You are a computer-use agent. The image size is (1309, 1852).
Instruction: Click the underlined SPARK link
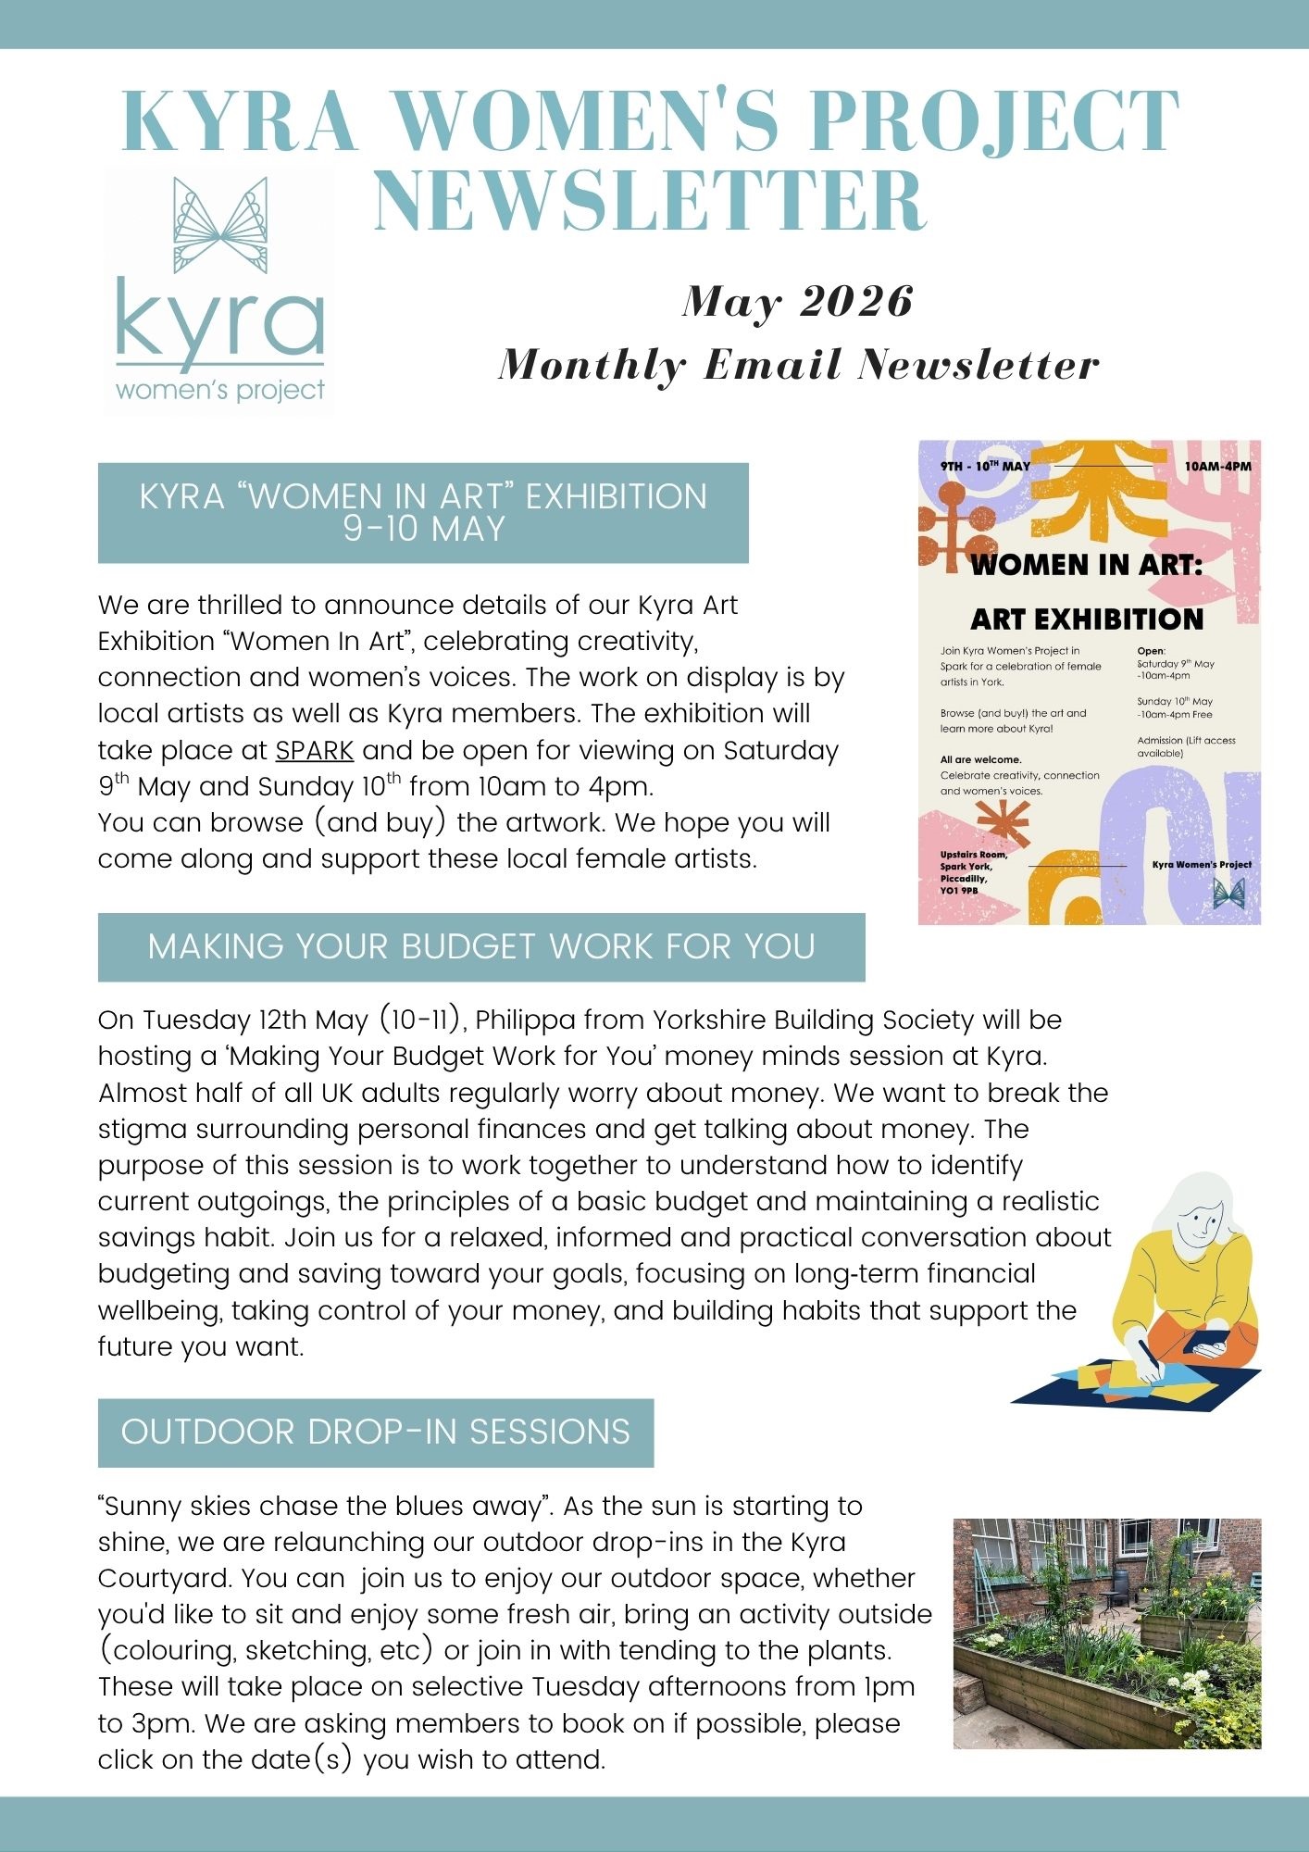click(315, 750)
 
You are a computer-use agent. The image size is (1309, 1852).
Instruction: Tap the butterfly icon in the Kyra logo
click(220, 225)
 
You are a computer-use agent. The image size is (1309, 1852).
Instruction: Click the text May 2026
click(798, 301)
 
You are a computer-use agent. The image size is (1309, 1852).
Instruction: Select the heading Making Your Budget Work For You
click(481, 946)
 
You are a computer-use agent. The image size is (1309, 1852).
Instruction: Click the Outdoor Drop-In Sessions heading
click(376, 1432)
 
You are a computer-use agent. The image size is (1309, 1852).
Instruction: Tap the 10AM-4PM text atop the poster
click(1217, 466)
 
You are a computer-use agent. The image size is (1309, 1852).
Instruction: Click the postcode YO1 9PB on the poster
click(959, 891)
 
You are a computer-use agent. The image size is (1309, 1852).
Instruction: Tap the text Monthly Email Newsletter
click(798, 365)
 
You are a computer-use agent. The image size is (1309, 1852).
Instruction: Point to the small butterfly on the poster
click(1228, 892)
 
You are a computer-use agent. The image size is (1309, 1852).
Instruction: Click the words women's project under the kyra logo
click(220, 390)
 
